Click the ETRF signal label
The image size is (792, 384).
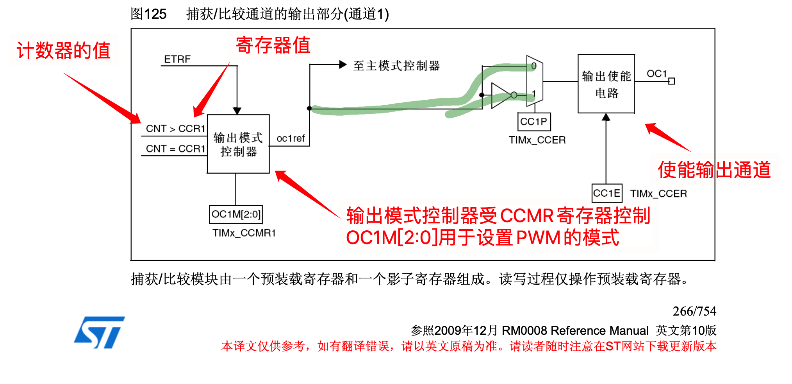click(177, 59)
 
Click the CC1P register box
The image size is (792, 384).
click(534, 122)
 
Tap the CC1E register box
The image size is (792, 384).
click(606, 193)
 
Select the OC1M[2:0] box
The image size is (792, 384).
click(236, 214)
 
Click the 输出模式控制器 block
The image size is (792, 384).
click(238, 144)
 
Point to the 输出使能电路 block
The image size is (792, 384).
click(606, 84)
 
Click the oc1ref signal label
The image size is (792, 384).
click(291, 138)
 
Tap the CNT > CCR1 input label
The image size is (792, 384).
click(175, 129)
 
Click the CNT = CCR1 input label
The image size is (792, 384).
click(175, 149)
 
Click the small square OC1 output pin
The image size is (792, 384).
click(671, 81)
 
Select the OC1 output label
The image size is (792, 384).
click(656, 74)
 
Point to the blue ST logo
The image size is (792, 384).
click(99, 332)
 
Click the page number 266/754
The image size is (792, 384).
click(694, 311)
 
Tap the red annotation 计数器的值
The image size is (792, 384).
click(64, 51)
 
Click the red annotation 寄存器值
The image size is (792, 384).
click(273, 45)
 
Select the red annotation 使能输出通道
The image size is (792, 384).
click(714, 170)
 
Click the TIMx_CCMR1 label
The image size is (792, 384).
click(244, 233)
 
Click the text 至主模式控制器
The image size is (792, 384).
click(396, 65)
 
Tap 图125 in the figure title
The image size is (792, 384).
click(148, 14)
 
